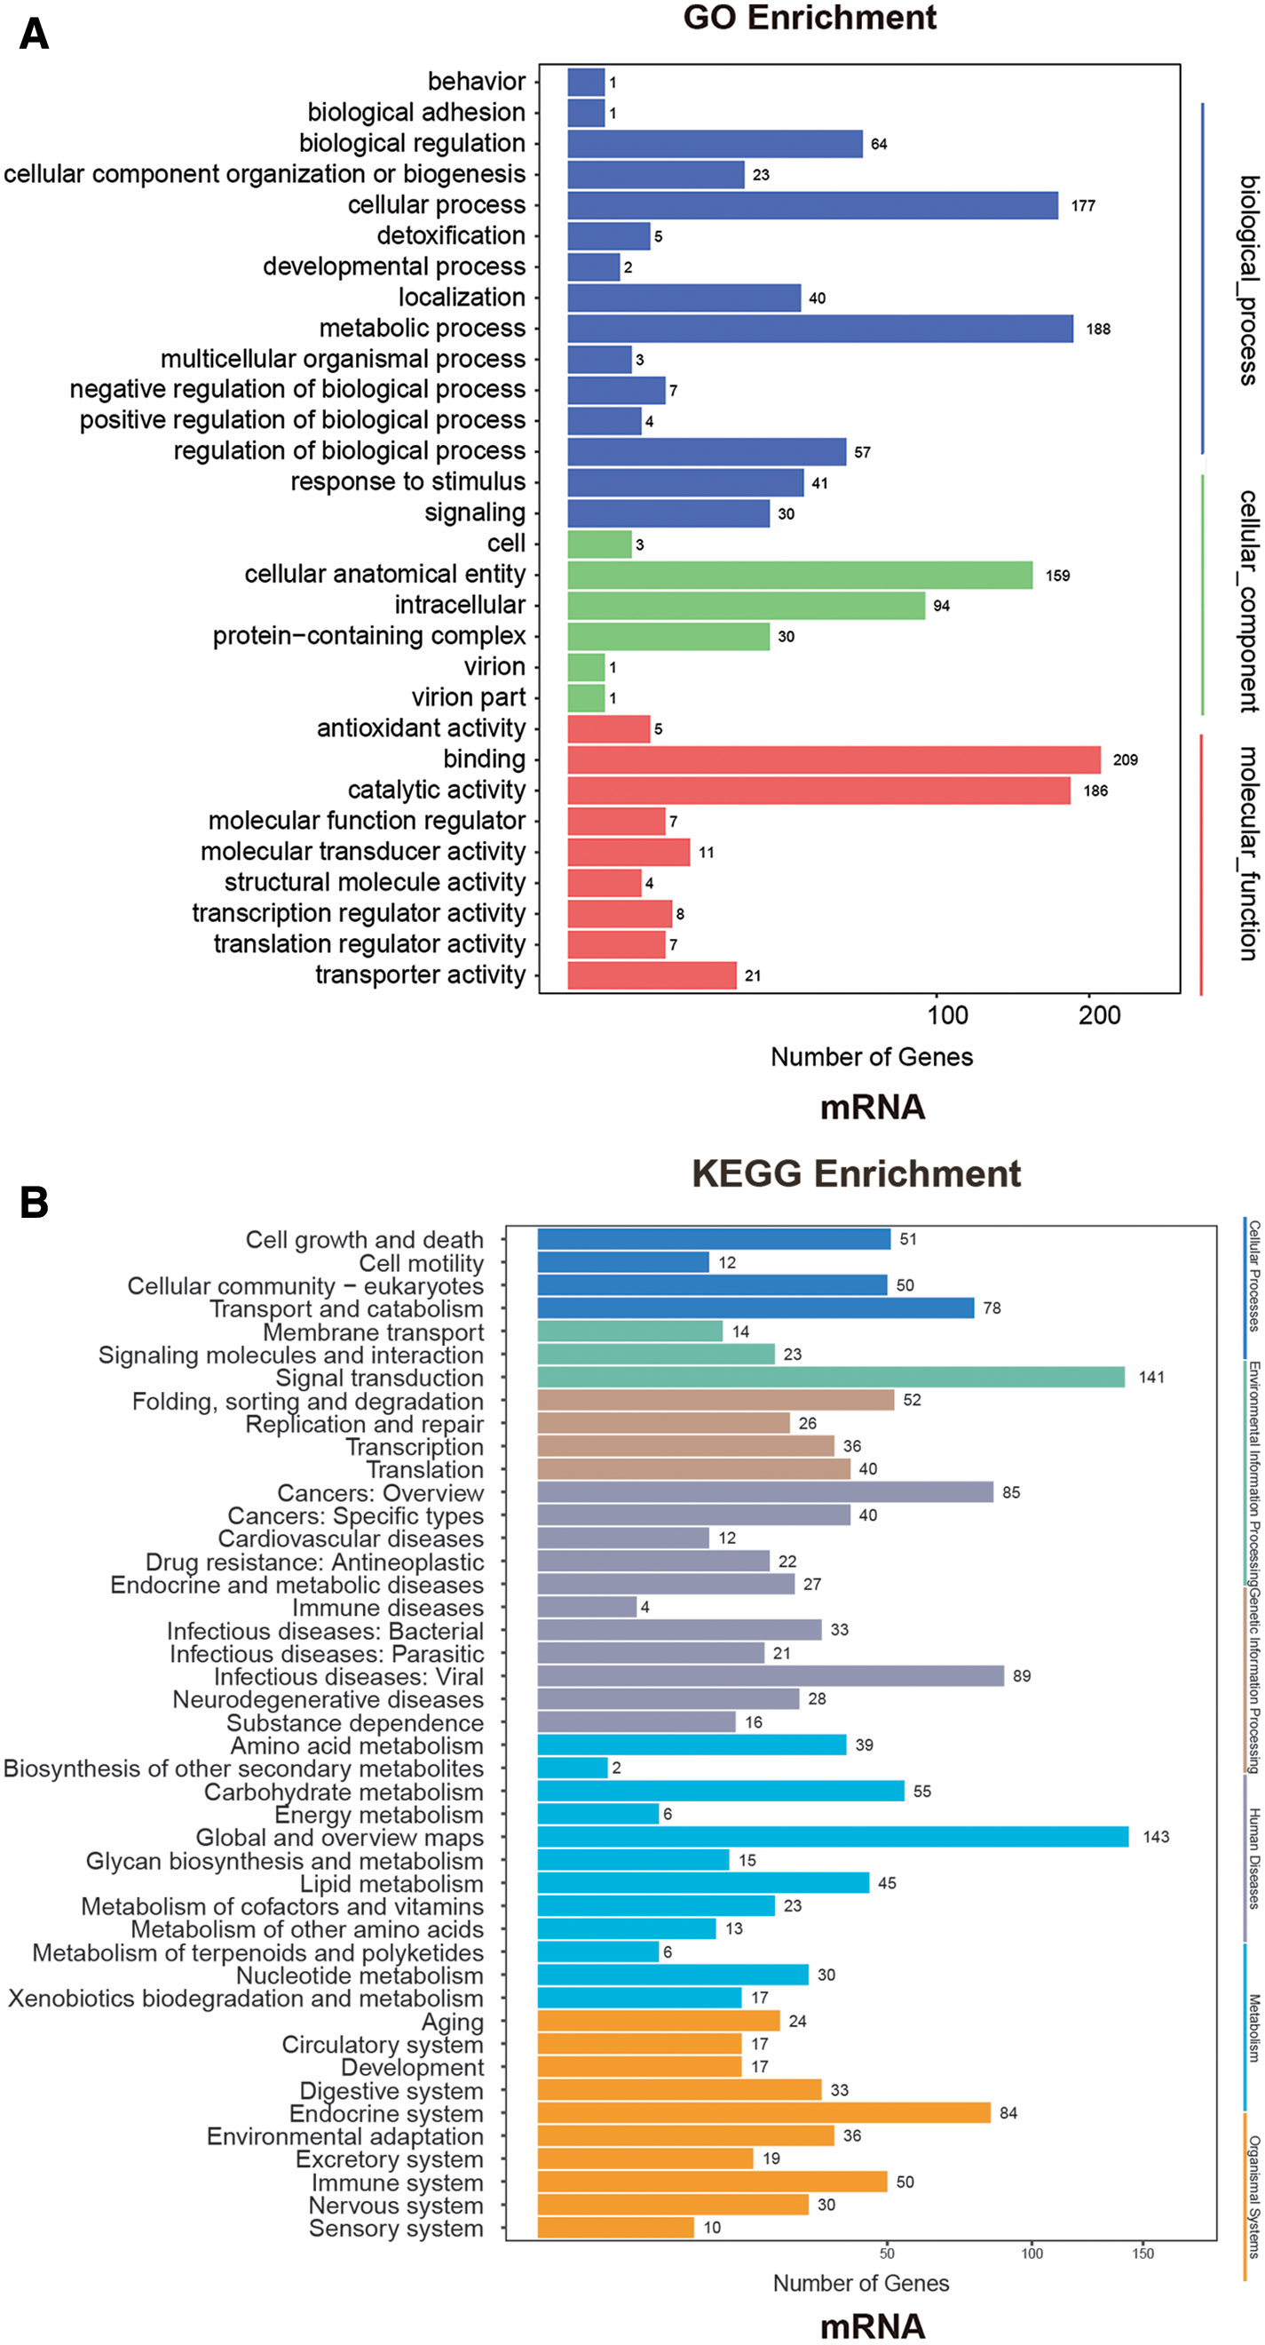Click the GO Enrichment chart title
point(809,18)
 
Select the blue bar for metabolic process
point(819,329)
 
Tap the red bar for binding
point(833,759)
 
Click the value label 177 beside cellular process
point(1083,206)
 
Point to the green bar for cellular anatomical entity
point(799,576)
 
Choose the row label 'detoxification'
point(450,235)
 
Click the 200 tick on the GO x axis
point(1099,1016)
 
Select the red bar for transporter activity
point(651,975)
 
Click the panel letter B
point(34,1203)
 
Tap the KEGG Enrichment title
point(856,1173)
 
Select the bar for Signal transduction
point(830,1378)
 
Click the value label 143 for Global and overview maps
point(1156,1837)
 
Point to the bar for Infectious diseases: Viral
point(770,1676)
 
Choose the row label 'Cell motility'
point(421,1263)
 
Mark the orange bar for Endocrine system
point(763,2113)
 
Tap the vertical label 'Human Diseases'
point(1254,1858)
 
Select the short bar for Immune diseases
point(586,1607)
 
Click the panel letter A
point(34,35)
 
